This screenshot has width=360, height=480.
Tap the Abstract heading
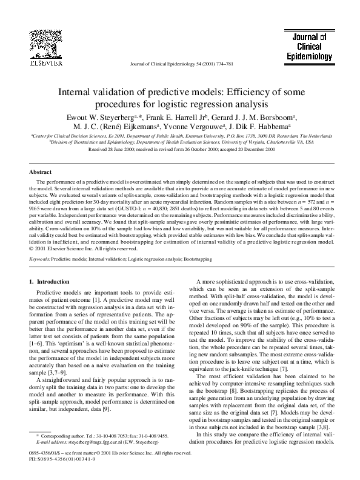[41, 172]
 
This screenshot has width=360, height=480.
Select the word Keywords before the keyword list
[39, 259]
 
